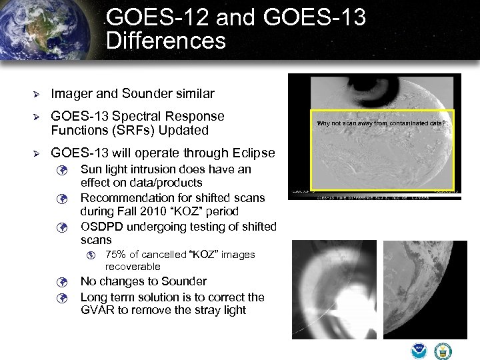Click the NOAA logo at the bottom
419,351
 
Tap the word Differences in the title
165,41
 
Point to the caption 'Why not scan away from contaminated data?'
381,123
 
